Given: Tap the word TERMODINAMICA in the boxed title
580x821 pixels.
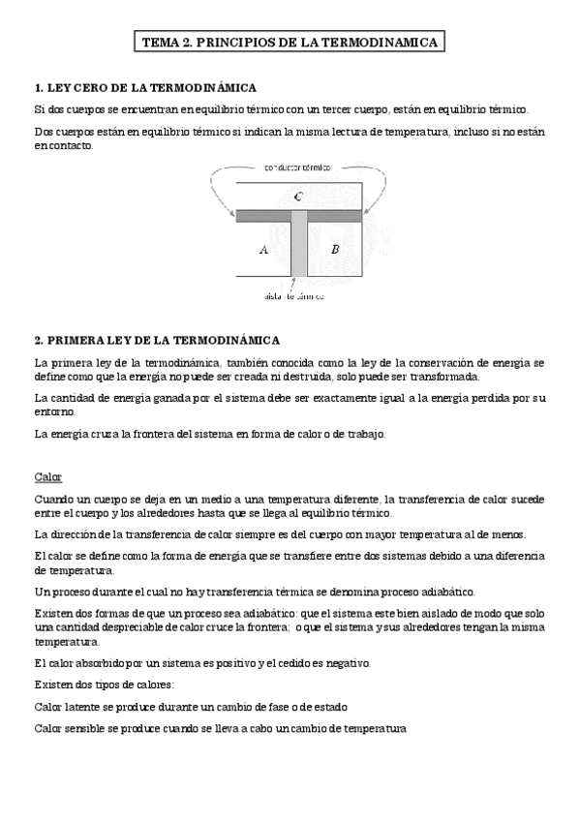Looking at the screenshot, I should [x=385, y=43].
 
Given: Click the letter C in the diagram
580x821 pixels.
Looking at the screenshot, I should [x=298, y=198].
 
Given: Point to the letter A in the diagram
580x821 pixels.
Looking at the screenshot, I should [x=262, y=249].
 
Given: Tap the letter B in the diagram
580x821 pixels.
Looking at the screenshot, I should [x=334, y=249].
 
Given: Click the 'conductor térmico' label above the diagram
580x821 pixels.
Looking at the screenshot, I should [x=297, y=167].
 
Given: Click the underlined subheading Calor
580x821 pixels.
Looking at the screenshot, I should [x=47, y=477].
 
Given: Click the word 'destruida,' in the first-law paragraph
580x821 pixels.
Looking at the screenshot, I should [x=331, y=377].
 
